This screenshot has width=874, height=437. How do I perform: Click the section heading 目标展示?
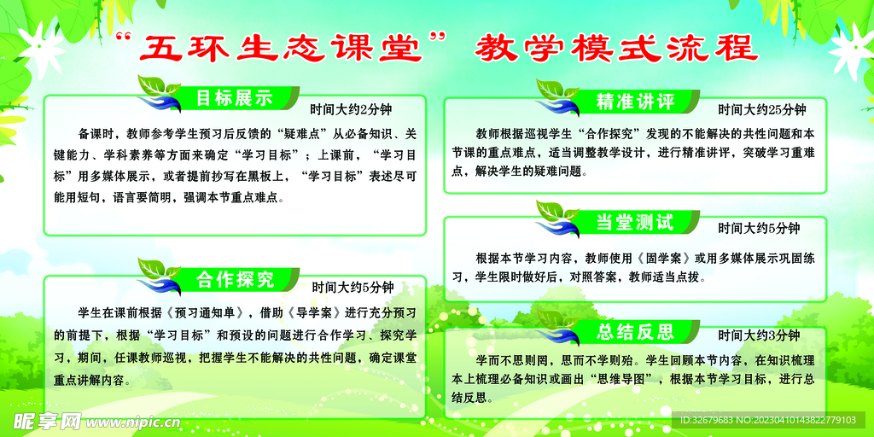click(233, 97)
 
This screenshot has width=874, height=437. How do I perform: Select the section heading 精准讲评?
click(636, 102)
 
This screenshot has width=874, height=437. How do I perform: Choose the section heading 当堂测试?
click(636, 222)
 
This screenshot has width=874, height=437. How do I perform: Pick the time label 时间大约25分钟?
click(761, 109)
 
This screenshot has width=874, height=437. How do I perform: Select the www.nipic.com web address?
click(128, 422)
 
